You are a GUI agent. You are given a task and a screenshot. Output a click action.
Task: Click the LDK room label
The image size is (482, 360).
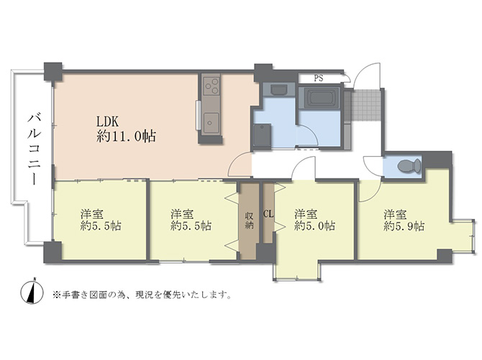(108, 122)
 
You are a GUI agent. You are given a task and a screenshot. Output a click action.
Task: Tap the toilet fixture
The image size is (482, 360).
(409, 166)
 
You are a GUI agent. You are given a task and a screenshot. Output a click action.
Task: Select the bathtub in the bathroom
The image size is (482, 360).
(319, 98)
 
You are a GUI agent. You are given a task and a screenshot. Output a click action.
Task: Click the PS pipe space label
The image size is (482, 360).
(319, 78)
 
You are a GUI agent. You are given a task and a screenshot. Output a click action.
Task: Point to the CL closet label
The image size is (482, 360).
(268, 214)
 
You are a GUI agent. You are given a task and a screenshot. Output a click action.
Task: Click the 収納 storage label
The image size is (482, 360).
(249, 220)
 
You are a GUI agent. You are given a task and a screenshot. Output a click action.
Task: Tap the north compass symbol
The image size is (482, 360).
(32, 292)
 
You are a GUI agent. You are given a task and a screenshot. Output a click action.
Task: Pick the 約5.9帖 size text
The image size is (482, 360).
(404, 227)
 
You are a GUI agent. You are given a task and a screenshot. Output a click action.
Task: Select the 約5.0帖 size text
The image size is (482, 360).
(314, 226)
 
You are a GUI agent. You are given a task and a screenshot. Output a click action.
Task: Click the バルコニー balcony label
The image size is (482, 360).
(34, 149)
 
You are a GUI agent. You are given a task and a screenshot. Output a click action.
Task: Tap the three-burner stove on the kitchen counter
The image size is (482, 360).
(212, 86)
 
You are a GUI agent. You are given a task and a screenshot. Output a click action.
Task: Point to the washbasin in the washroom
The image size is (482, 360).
(278, 89)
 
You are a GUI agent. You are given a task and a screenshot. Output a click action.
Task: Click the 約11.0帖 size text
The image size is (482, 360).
(126, 136)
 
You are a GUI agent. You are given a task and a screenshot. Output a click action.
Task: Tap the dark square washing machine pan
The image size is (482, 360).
(262, 135)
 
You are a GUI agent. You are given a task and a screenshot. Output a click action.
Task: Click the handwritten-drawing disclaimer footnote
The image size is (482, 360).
(142, 294)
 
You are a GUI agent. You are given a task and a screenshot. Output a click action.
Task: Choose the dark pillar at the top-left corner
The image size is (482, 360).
(53, 71)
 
